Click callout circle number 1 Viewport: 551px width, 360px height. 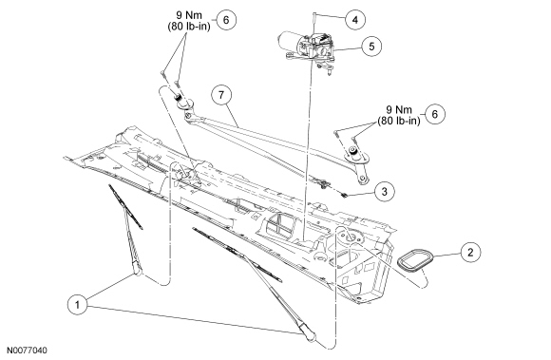click(x=78, y=304)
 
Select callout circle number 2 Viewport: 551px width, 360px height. click(x=470, y=252)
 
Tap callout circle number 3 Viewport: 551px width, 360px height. click(x=384, y=192)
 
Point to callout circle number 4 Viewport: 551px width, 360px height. click(x=355, y=20)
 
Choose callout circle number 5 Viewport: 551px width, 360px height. click(x=371, y=46)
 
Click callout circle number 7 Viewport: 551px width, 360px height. click(x=221, y=95)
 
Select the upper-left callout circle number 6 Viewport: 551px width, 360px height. click(x=225, y=20)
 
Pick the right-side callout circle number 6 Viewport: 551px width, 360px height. click(x=435, y=114)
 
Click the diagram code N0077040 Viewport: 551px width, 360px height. click(x=27, y=351)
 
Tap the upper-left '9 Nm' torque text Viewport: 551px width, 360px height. click(x=189, y=15)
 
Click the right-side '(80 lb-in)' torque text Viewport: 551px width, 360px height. click(x=399, y=121)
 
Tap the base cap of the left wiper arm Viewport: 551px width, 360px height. click(x=138, y=270)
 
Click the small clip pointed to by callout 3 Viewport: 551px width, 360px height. click(x=345, y=195)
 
